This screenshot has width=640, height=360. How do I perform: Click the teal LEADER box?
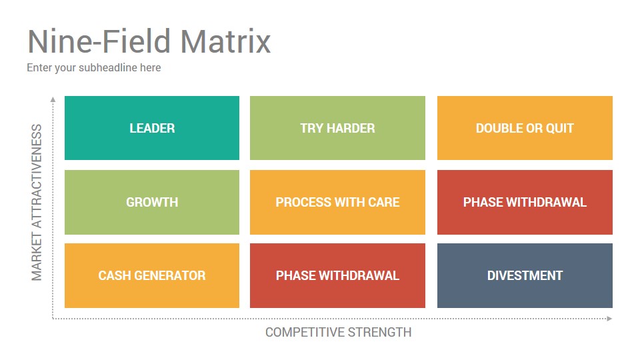coord(152,128)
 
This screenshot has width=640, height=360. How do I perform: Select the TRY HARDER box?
coord(337,128)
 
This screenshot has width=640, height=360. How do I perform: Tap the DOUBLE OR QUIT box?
coord(525,128)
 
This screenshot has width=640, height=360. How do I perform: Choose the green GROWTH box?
coord(152,202)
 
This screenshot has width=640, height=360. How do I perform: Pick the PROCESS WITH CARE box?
coord(337,202)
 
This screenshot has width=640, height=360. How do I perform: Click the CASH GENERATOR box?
coord(152,275)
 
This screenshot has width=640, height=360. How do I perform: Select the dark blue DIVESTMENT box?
coord(525,275)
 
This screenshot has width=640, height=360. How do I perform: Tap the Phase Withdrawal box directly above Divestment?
coord(525,202)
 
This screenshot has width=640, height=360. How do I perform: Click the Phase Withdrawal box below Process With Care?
coord(337,275)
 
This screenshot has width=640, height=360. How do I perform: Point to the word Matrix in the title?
coord(225,41)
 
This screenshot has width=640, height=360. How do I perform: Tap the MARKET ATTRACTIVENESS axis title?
coord(37,203)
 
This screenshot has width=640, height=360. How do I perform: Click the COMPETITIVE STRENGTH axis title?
coord(339,332)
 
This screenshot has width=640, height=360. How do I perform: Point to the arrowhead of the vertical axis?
coord(53,99)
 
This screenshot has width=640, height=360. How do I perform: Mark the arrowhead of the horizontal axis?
coord(610,319)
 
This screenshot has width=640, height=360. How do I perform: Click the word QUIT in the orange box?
coord(559,128)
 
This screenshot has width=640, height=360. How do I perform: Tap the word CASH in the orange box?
coord(115,275)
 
